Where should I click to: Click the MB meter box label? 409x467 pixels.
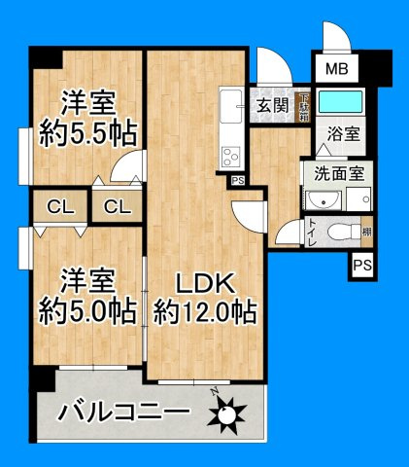[x=336, y=69]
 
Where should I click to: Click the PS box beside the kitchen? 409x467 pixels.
[x=238, y=180]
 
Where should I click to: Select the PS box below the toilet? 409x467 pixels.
[x=362, y=265]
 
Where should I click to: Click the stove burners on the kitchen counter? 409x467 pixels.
[x=233, y=156]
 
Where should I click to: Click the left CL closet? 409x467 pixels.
[x=56, y=206]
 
